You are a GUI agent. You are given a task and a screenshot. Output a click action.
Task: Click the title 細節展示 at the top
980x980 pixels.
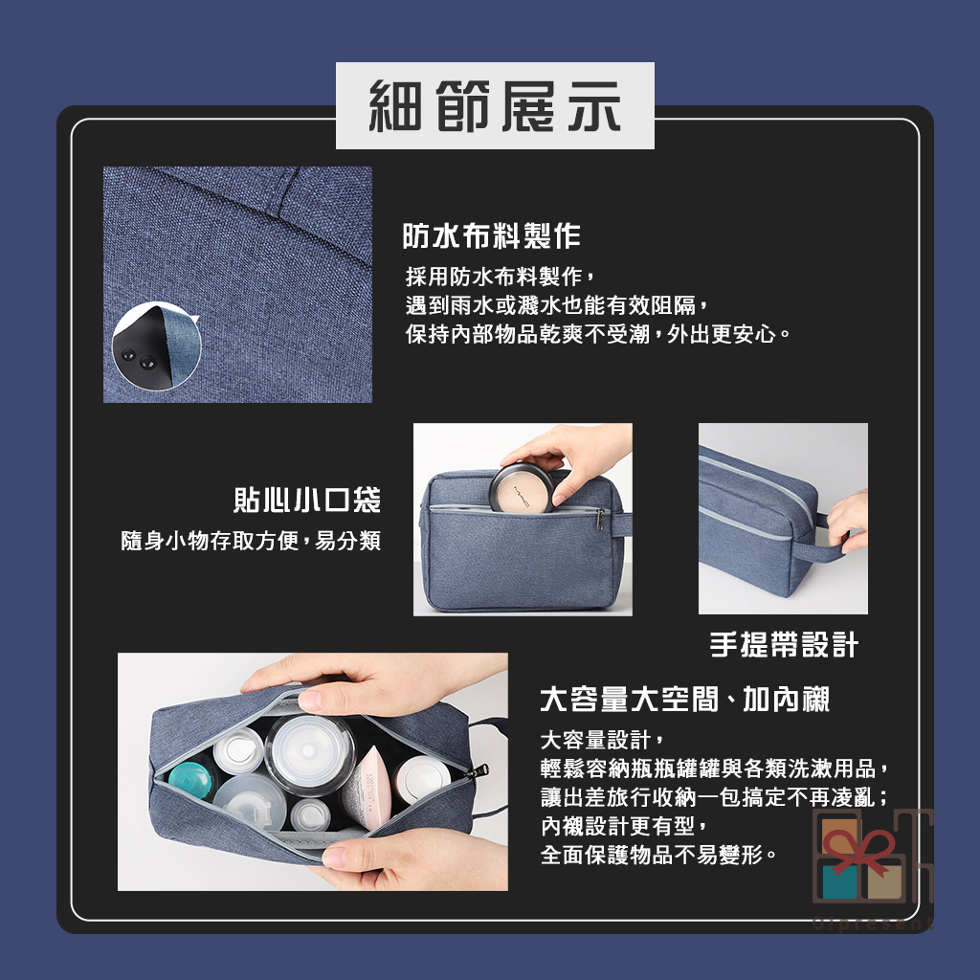pos(495,106)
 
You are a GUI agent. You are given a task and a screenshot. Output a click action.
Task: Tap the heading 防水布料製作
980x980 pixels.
pos(491,235)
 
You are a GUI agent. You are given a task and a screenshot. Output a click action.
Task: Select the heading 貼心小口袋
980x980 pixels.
pos(307,500)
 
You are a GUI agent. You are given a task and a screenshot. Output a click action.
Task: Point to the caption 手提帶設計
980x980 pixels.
pos(784,644)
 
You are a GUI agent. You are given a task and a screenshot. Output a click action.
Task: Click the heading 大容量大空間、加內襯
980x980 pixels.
pos(685,699)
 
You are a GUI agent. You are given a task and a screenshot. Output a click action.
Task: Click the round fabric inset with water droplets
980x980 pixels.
pos(157,346)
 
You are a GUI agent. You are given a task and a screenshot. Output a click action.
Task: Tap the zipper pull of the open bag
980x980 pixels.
pos(479,770)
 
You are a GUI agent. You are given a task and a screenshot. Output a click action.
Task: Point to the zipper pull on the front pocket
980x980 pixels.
pos(600,518)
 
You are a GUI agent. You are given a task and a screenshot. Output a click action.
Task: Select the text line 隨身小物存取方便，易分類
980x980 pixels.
pos(251,541)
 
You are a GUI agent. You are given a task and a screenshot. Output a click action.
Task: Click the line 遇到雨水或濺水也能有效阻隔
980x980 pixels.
pos(557,305)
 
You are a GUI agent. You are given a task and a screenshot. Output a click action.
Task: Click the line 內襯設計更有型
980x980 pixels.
pos(624,826)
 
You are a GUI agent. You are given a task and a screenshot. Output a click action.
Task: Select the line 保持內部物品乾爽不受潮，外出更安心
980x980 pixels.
pos(598,334)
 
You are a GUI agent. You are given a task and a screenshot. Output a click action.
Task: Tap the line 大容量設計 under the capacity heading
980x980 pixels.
pos(602,740)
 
